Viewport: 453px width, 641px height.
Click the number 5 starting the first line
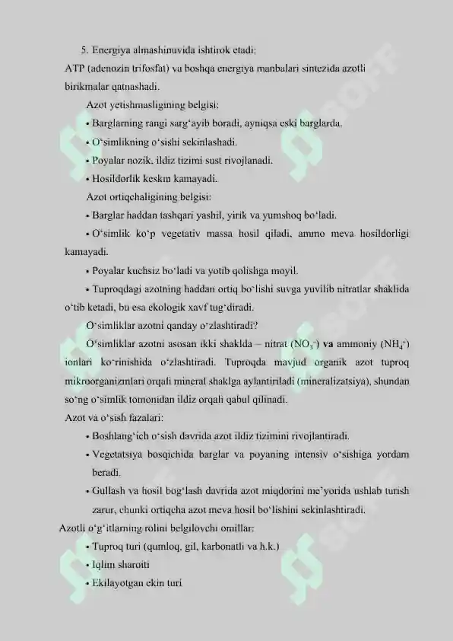84,51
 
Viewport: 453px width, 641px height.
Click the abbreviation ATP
74,69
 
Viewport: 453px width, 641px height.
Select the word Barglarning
116,123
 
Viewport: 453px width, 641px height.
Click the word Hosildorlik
116,180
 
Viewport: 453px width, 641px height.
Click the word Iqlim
103,565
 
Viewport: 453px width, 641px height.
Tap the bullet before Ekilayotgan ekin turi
88,583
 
